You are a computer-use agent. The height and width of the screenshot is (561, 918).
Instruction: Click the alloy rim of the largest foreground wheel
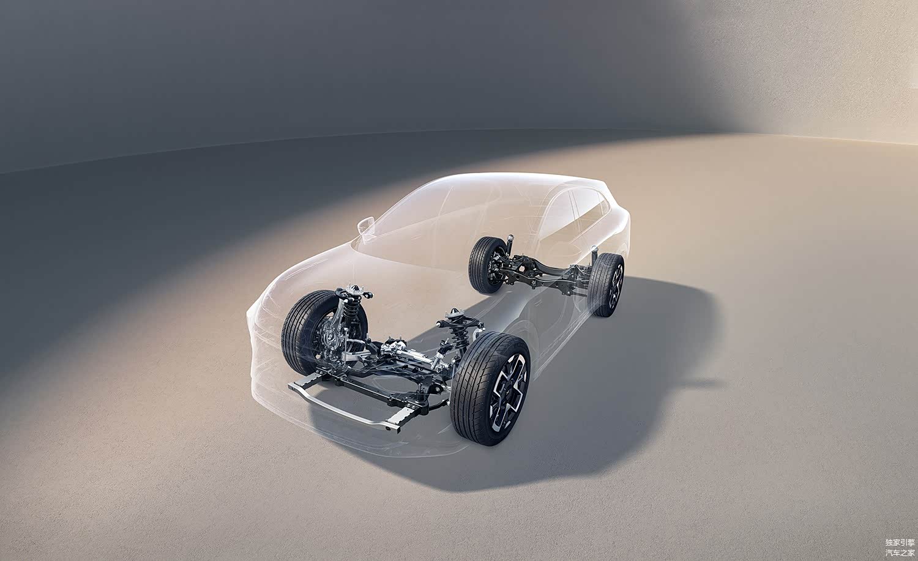point(509,393)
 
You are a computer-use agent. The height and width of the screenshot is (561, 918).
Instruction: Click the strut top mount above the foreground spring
point(453,314)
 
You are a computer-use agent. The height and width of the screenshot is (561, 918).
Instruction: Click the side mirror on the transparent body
point(365,225)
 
